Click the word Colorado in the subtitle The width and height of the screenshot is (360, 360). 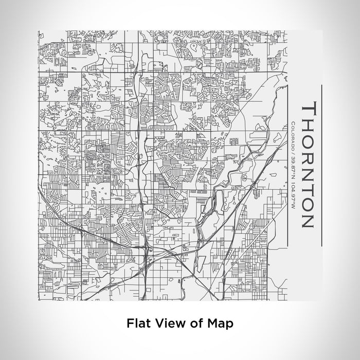(x=292, y=134)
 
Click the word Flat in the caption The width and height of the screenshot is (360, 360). (x=136, y=323)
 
